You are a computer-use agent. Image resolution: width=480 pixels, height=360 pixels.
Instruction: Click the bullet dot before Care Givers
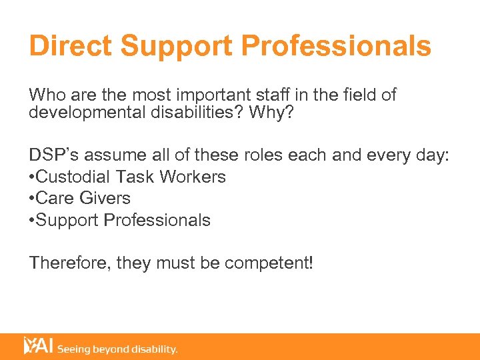click(x=32, y=199)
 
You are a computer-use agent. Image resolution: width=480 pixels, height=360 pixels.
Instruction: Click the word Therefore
click(x=69, y=263)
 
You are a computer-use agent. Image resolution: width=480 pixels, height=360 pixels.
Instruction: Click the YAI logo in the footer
click(x=39, y=346)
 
